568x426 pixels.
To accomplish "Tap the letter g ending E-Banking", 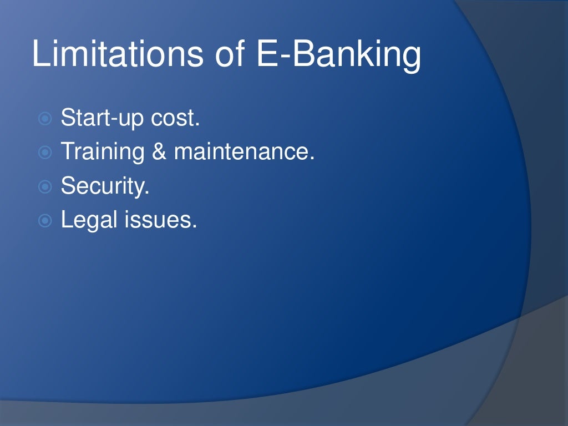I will click(x=411, y=59).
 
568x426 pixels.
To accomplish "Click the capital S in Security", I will click(x=68, y=186).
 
